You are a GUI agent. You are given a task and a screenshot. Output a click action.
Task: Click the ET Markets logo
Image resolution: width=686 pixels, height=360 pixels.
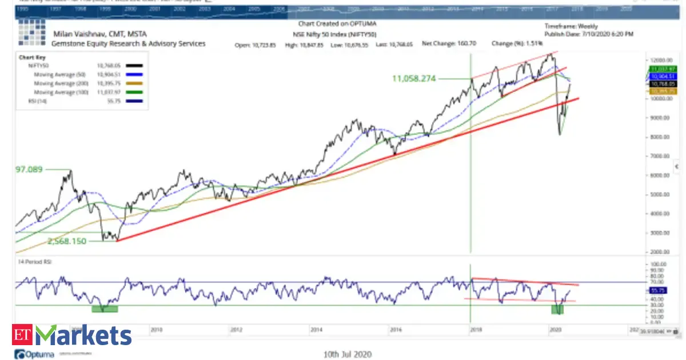[x=72, y=335]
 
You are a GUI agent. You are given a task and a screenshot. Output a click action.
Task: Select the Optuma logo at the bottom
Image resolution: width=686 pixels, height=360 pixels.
[x=34, y=355]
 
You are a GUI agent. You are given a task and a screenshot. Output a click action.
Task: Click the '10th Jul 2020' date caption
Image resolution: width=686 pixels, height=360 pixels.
[x=348, y=354]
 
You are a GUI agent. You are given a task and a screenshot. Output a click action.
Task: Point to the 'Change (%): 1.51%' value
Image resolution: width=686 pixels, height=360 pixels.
[x=517, y=43]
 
